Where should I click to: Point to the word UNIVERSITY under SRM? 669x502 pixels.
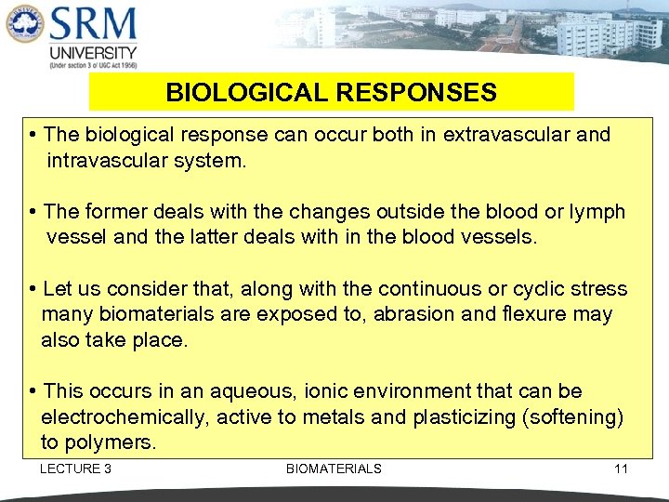93,53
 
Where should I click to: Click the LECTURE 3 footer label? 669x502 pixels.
75,469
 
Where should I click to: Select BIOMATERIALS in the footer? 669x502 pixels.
334,469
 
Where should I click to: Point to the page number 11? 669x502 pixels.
621,469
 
